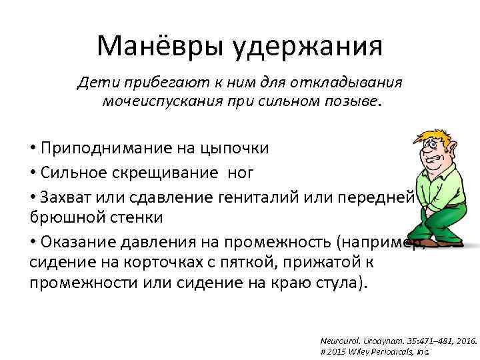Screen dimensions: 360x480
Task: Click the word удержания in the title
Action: (307, 47)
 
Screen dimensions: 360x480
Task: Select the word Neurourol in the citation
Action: (344, 339)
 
